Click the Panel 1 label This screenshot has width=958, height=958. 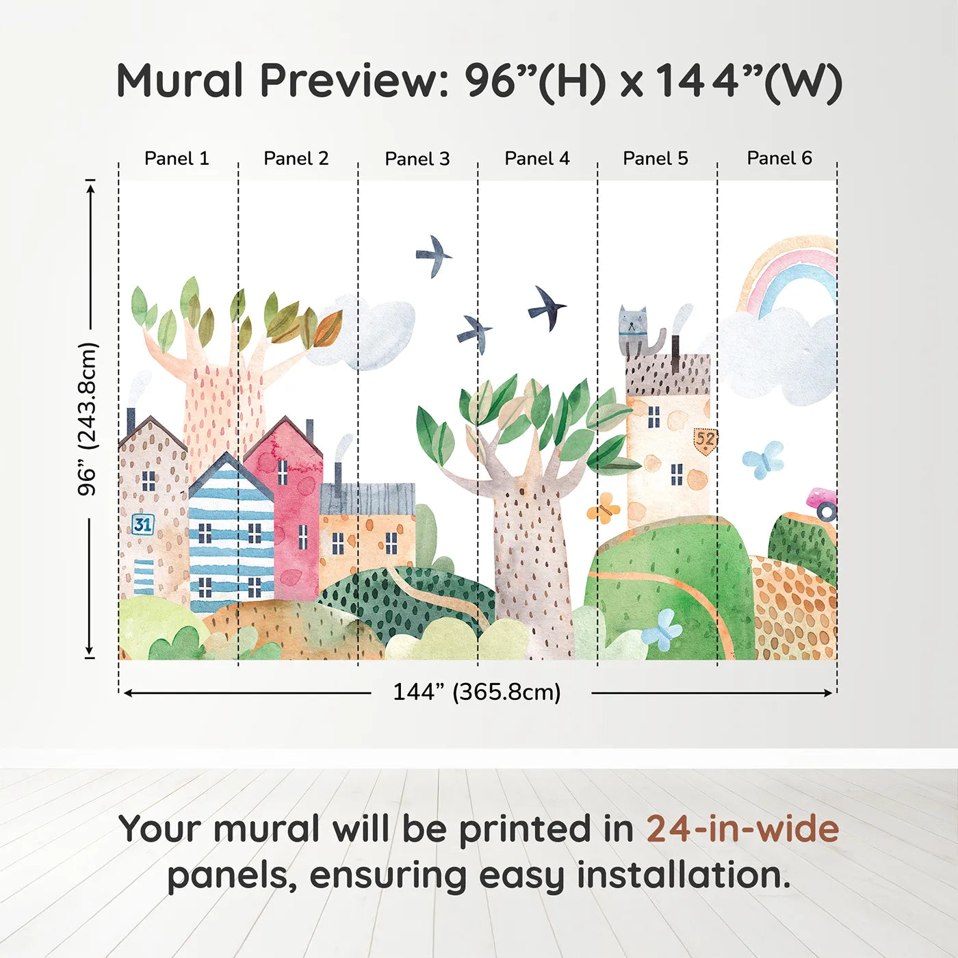tap(177, 159)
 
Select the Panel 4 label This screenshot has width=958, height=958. tap(537, 159)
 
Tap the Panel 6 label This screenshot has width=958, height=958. tap(779, 158)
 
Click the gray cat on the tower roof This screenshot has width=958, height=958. tap(639, 331)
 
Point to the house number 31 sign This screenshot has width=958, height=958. tap(143, 524)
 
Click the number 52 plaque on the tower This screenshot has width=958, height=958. tap(705, 441)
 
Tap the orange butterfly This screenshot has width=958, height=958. tap(604, 508)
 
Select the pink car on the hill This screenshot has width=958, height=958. tap(823, 504)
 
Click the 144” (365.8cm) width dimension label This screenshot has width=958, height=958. tap(477, 692)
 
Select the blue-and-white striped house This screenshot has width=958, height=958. tap(231, 534)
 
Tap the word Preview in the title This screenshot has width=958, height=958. tap(355, 80)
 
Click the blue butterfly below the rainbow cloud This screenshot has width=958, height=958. tap(763, 460)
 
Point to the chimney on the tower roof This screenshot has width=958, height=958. tap(675, 354)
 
